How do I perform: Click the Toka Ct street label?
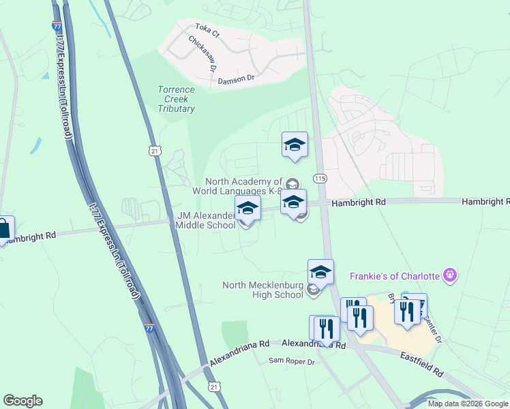tap(207, 29)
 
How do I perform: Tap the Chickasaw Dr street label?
tap(202, 54)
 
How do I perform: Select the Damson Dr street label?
tap(236, 79)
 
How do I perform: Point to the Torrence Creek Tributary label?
tap(177, 99)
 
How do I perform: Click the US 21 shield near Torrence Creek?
tap(155, 149)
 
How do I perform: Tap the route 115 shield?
tap(320, 178)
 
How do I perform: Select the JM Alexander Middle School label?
tap(206, 220)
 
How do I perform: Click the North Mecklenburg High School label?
tap(262, 290)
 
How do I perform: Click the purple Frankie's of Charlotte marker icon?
tap(449, 275)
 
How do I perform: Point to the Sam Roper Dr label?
tap(291, 361)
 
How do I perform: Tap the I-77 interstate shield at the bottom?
tap(150, 329)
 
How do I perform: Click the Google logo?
tap(22, 401)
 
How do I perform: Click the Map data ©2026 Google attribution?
tap(467, 404)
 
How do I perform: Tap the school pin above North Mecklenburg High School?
tap(320, 272)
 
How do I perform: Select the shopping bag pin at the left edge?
tap(3, 229)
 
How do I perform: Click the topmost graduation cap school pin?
tap(295, 145)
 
